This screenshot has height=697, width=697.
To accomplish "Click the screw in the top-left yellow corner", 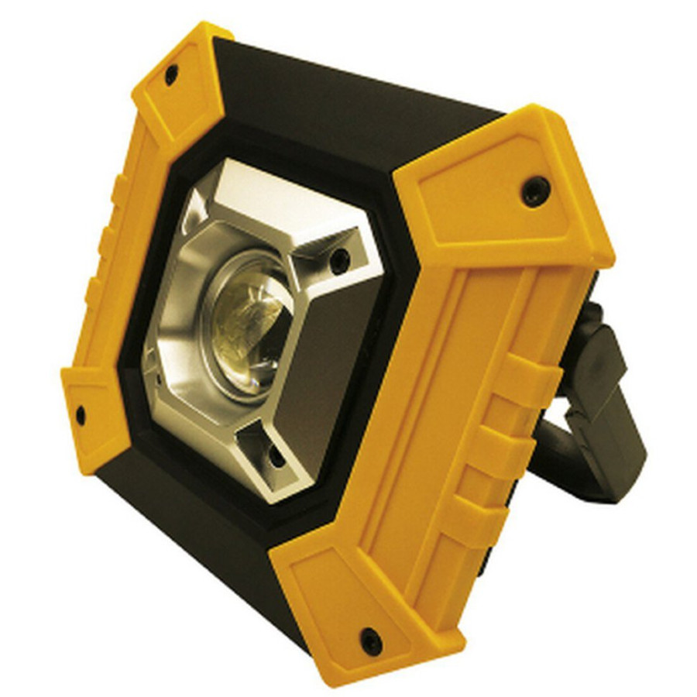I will click(171, 74).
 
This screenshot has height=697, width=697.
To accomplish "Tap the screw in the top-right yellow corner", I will click(534, 190).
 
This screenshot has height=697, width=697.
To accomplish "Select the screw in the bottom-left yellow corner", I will click(80, 414).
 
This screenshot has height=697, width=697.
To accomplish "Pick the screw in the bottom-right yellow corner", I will click(371, 640).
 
